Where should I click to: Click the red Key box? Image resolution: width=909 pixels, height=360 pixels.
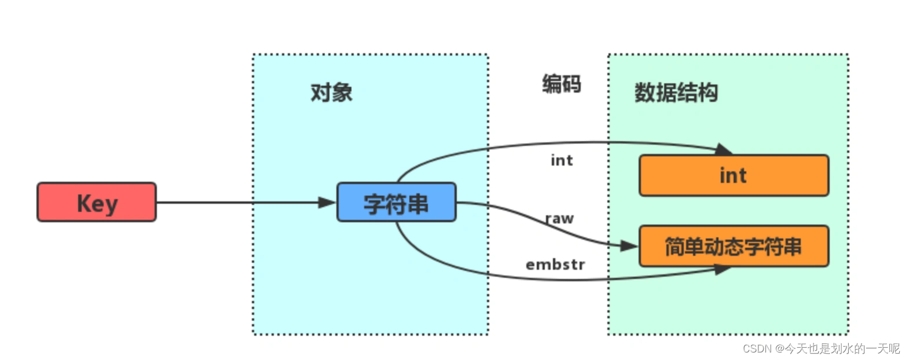click(97, 202)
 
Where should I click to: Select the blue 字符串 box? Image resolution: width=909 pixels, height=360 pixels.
click(397, 203)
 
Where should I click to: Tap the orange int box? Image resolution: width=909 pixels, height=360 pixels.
click(734, 175)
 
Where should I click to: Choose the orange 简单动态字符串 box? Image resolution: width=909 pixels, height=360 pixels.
click(734, 247)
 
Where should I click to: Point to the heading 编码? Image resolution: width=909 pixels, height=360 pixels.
click(561, 84)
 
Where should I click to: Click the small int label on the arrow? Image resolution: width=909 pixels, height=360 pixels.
click(562, 160)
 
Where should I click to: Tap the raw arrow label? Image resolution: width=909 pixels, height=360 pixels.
click(559, 219)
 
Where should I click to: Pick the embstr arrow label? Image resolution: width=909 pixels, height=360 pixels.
click(555, 265)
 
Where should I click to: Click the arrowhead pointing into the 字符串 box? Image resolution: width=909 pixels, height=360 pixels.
click(327, 203)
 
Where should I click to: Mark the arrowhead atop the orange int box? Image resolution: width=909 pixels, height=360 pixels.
click(723, 149)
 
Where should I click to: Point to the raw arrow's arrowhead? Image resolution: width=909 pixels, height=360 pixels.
click(629, 246)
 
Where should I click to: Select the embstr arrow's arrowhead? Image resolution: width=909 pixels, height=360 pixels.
click(722, 269)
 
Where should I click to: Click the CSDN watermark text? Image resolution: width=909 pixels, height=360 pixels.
click(821, 348)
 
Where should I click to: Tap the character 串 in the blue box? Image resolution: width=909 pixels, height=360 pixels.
click(418, 204)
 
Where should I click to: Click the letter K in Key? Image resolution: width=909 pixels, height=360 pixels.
click(84, 203)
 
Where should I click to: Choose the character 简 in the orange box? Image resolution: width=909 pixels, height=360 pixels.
click(675, 247)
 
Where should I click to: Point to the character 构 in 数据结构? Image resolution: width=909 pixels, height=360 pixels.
click(708, 93)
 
